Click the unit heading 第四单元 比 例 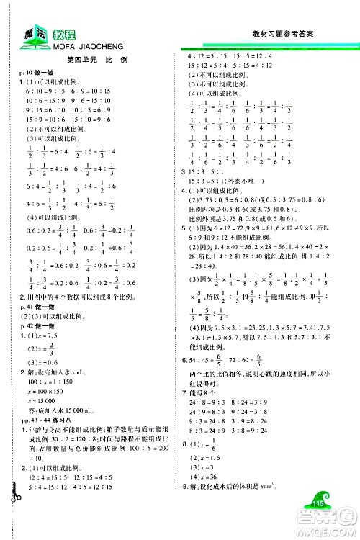coord(96,60)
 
